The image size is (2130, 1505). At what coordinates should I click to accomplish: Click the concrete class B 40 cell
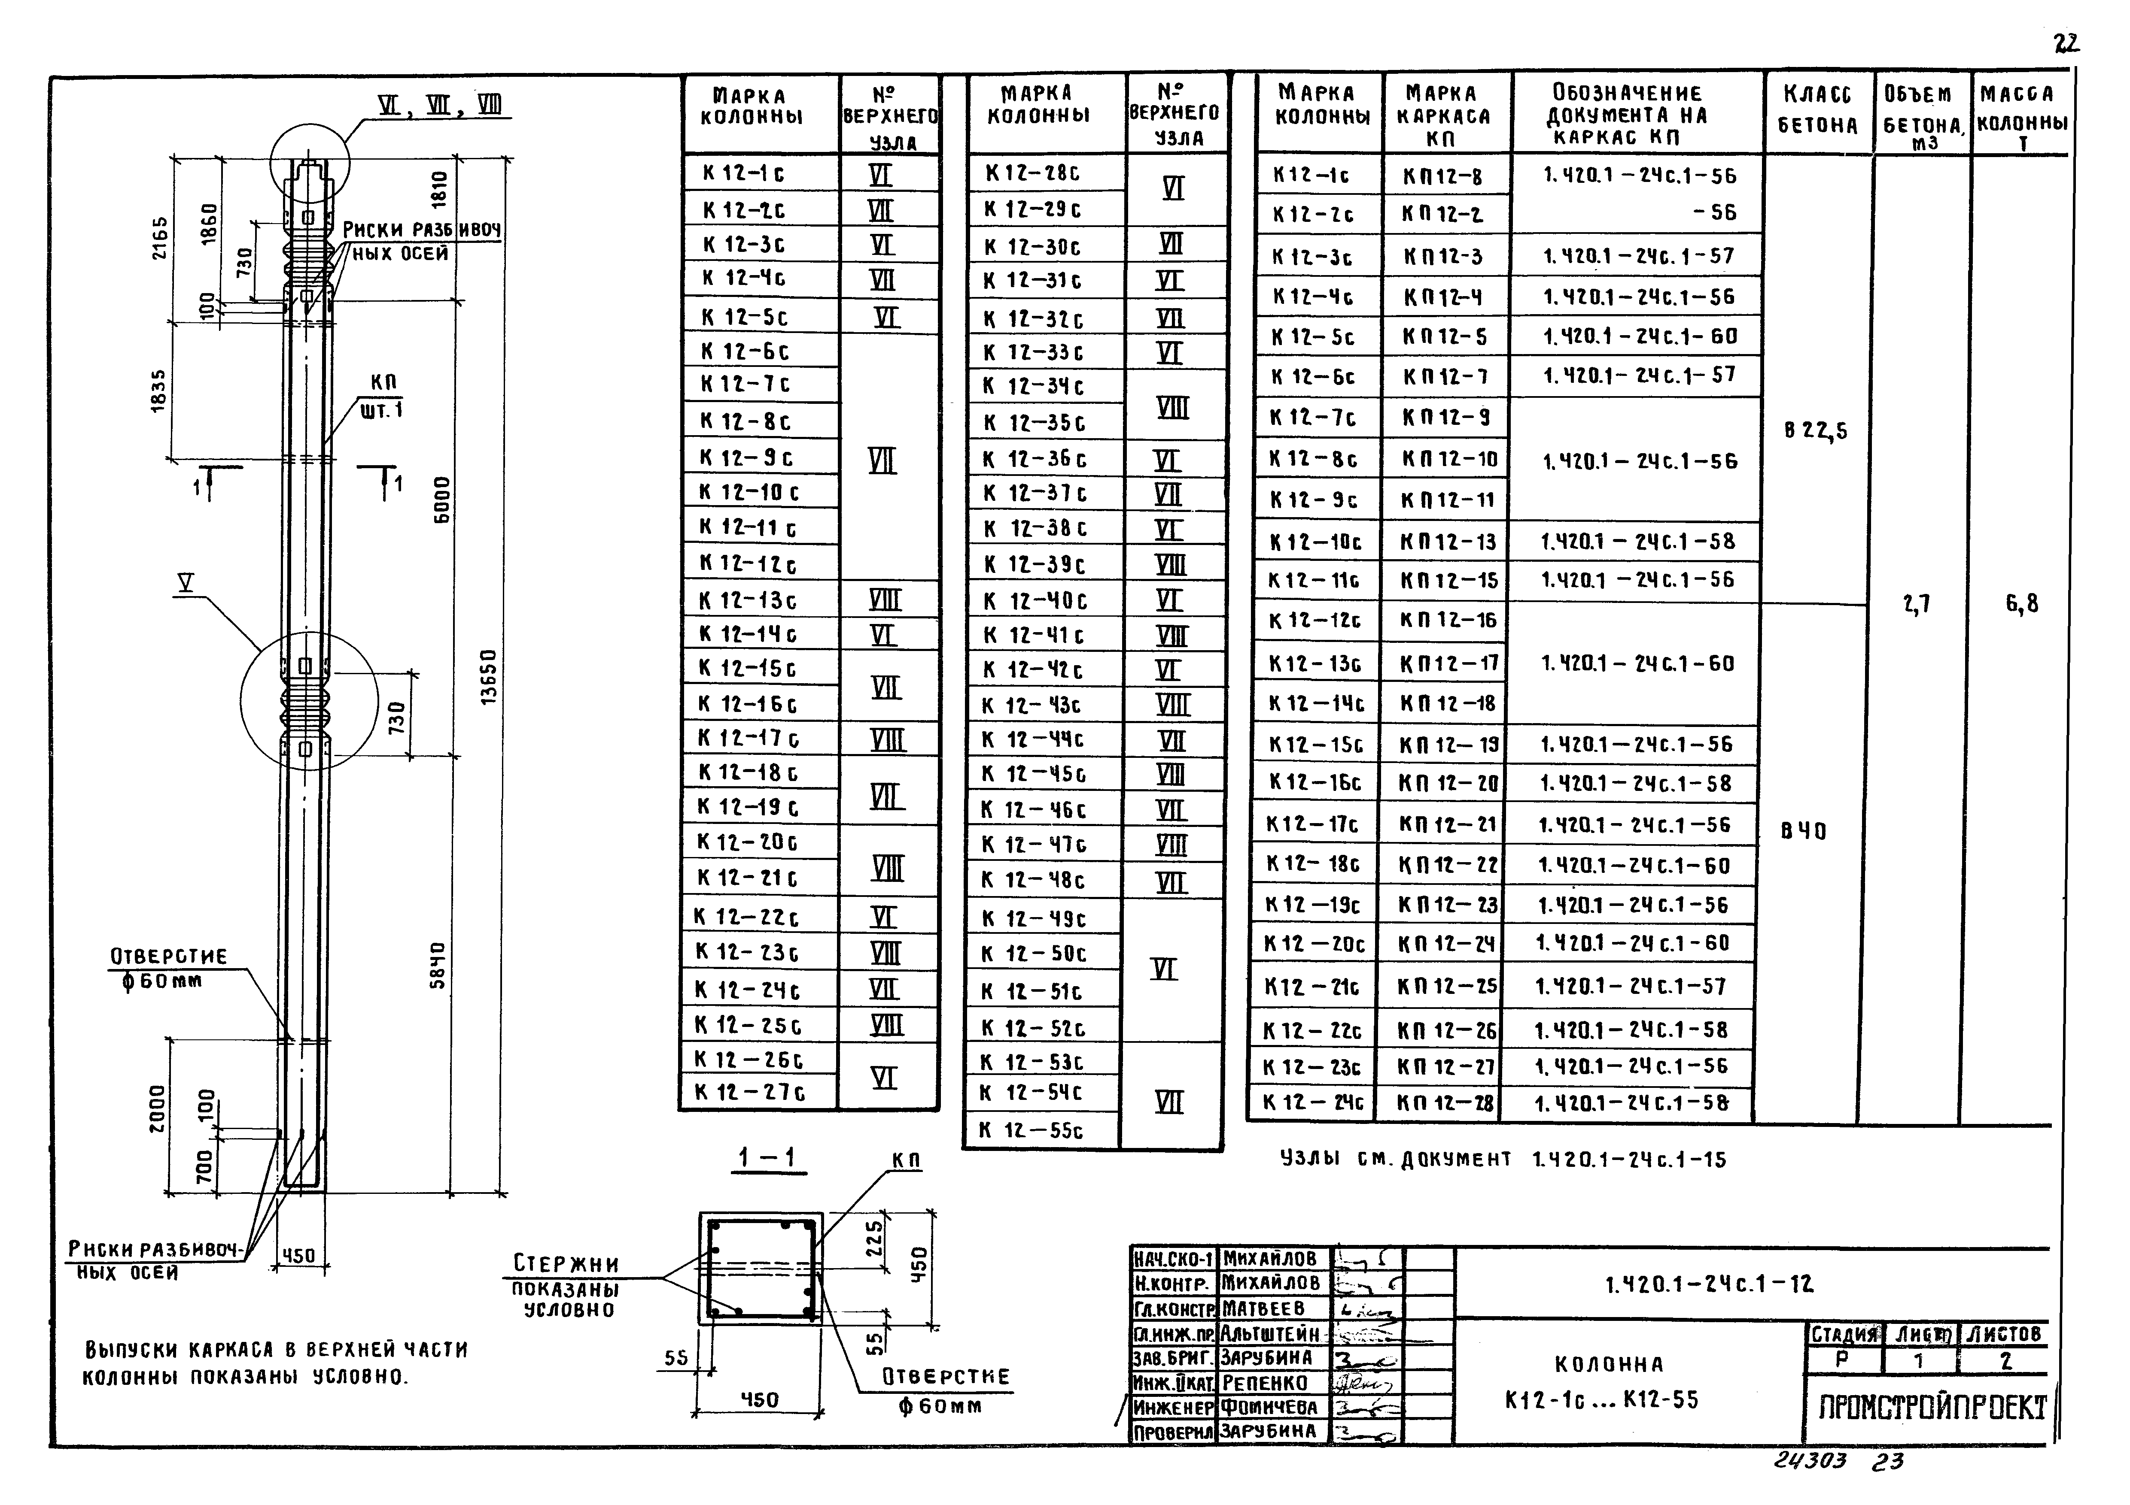[1804, 832]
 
